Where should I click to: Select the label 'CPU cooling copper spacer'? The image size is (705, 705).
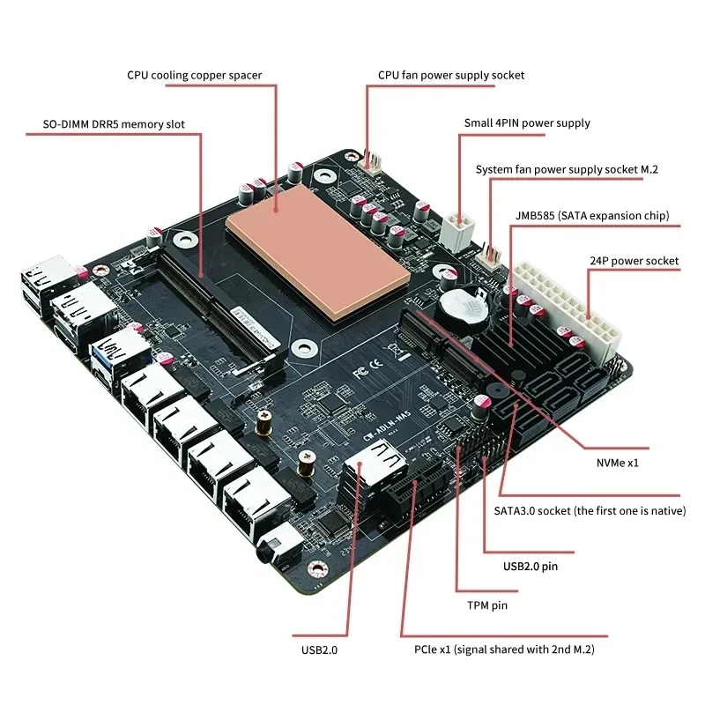coord(194,75)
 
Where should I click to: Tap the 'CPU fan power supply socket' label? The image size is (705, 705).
coord(450,75)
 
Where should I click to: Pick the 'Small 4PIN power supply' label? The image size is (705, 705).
coord(527,122)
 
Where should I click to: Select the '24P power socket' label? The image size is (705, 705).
coord(633,261)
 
